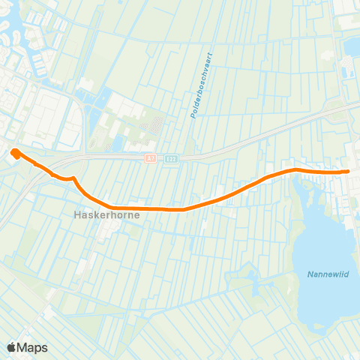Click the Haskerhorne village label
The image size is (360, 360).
point(106,214)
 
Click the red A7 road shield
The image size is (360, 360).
point(150,159)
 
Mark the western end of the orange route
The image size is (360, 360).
point(14,154)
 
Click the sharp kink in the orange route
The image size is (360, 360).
point(74,178)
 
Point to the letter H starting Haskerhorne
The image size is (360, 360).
point(76,214)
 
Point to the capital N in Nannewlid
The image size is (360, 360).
point(310,274)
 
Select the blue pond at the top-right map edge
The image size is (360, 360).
point(353,46)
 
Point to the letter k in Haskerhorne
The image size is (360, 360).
point(94,214)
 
